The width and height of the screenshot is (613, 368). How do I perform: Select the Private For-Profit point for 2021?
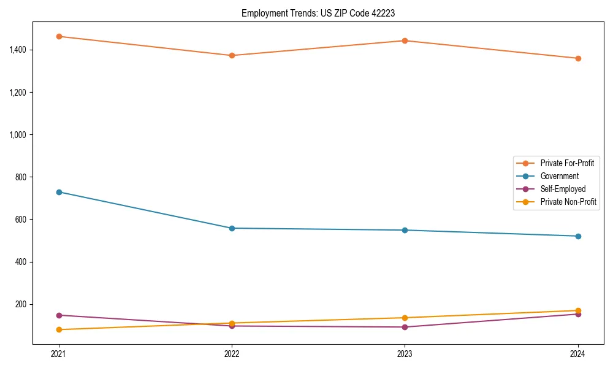59,36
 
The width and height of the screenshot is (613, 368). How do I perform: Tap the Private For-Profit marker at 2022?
232,55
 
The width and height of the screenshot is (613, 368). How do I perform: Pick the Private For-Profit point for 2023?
405,40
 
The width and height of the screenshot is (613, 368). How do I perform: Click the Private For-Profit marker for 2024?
578,58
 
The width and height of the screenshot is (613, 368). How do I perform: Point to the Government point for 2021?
59,192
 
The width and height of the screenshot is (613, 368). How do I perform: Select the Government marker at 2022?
232,228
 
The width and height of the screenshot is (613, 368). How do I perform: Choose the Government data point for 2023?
405,230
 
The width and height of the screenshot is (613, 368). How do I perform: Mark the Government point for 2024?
578,236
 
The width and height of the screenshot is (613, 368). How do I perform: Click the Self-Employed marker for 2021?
59,315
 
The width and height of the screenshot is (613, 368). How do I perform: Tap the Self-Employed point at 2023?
405,327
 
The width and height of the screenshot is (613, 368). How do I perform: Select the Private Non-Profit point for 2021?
59,329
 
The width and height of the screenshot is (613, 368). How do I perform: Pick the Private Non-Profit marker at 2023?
405,318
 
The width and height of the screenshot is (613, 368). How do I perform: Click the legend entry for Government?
559,176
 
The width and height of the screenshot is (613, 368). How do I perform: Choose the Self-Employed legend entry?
563,189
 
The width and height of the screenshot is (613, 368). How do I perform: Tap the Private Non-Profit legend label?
568,202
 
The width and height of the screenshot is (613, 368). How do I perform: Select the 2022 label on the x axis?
232,354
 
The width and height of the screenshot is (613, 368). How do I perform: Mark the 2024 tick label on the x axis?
578,354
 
